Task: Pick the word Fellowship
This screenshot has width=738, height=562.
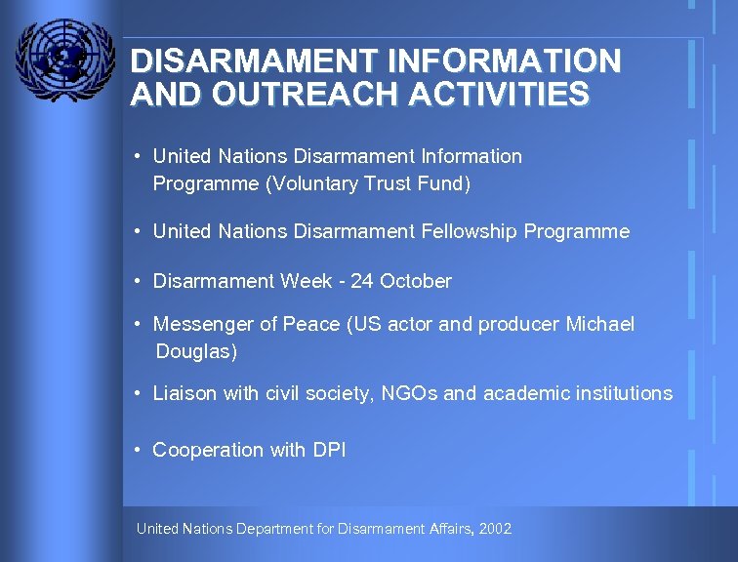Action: [x=470, y=232]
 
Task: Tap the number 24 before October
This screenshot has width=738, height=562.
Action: [x=362, y=282]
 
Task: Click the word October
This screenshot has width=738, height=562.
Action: [x=416, y=282]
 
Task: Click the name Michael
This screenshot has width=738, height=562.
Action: [x=599, y=324]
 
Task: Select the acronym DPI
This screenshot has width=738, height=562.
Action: [x=330, y=450]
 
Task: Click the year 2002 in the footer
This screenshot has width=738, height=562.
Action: [x=496, y=529]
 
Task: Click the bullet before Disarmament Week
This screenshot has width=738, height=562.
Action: [x=141, y=280]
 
